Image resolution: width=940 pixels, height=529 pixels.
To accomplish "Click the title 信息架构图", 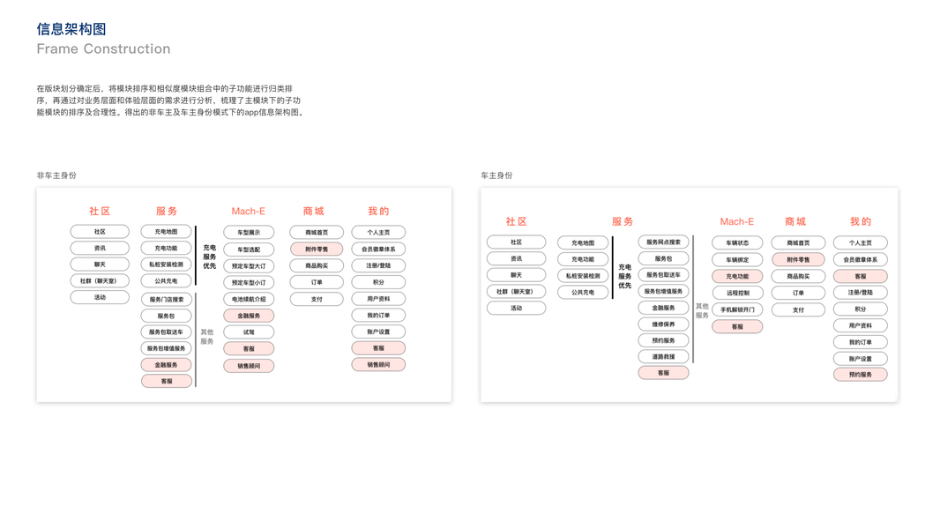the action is tap(71, 29).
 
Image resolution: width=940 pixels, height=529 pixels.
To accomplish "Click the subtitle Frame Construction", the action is tap(103, 49).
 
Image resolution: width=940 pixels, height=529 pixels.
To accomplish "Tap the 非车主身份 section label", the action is tap(56, 175).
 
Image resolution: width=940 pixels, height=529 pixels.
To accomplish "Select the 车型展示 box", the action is tap(249, 233).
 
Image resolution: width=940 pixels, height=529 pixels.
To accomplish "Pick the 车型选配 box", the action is tap(249, 250).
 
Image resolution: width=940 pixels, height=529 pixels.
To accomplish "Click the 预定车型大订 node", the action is tap(249, 266).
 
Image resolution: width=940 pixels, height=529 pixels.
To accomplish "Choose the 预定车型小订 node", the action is tap(249, 283).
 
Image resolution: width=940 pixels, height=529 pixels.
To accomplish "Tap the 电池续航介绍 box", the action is tap(249, 300).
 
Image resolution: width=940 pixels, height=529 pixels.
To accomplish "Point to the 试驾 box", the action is tap(249, 332).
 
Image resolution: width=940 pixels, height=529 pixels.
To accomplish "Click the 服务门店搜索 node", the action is tap(167, 300).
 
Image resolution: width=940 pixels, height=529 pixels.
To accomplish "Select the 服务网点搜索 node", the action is tap(663, 242).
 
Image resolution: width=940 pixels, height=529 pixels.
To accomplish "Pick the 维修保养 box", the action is tap(663, 324).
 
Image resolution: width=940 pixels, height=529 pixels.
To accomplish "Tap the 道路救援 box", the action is tap(663, 357).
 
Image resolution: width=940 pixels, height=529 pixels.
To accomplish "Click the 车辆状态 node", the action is tap(737, 243).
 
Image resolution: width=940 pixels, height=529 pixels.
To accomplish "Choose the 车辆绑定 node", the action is tap(737, 260).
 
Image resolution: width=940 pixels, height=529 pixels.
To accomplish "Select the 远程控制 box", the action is tap(737, 293).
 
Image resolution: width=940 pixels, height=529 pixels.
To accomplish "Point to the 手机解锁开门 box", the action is tap(737, 309).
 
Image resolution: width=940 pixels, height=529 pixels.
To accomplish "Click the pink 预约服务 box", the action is tap(860, 375).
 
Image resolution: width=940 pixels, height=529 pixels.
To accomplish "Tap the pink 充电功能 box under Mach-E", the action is tap(737, 277).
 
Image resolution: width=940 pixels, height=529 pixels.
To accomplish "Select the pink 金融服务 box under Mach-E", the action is tap(249, 316).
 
